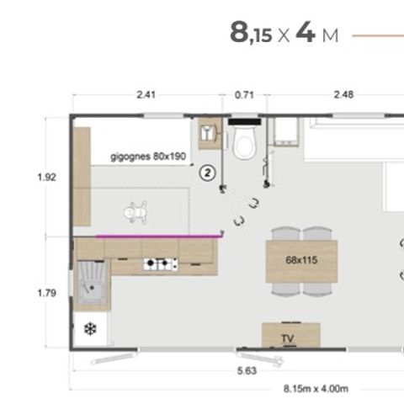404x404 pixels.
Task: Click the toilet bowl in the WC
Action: coord(246,142)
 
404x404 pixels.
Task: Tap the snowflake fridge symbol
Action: coord(90,329)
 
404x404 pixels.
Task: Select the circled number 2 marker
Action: coord(208,173)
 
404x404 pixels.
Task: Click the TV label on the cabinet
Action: coord(288,338)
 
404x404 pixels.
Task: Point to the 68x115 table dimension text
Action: coord(301,260)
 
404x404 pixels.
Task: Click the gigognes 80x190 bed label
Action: coord(148,157)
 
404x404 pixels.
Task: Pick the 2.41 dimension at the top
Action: coord(146,95)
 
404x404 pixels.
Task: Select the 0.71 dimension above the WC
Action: coord(244,95)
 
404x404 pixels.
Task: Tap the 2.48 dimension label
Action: coord(343,95)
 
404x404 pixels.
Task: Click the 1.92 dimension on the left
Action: coord(47,178)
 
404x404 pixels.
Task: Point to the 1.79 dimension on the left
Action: coord(47,293)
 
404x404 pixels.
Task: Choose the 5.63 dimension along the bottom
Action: coord(247,371)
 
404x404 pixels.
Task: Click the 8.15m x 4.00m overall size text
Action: coord(316,389)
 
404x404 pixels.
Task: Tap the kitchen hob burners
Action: coord(161,264)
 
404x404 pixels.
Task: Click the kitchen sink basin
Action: coord(92,282)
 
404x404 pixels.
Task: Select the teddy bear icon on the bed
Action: coord(136,212)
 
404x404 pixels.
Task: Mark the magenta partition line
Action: coord(158,237)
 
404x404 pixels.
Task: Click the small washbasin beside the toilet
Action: coord(208,133)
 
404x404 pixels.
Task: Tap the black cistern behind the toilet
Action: coord(245,122)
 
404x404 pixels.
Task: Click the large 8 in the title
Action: coord(239,32)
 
